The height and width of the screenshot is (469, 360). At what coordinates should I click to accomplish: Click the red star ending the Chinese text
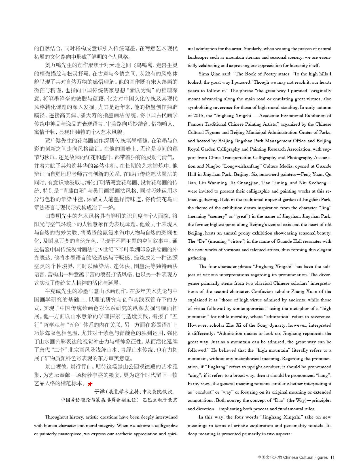[x=90, y=384]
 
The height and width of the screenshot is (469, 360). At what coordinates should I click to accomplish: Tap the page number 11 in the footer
[x=333, y=457]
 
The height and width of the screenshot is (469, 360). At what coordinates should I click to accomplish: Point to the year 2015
[x=198, y=116]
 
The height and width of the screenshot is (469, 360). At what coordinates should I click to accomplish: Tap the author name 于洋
[x=99, y=392]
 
